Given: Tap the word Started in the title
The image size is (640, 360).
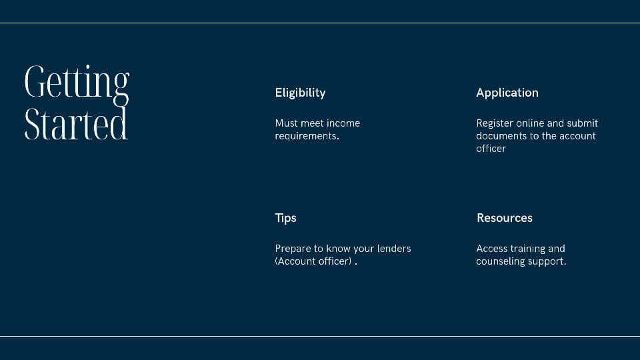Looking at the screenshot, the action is [x=76, y=123].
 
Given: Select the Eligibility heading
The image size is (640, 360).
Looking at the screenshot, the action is [x=301, y=93].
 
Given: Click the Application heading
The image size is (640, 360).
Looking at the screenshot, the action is [x=507, y=93].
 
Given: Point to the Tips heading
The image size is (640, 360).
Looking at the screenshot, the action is [x=286, y=219].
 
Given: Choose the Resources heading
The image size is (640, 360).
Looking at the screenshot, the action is [x=505, y=218].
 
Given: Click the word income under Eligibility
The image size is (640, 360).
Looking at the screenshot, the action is [x=343, y=123].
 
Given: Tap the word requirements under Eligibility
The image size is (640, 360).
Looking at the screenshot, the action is [x=307, y=136].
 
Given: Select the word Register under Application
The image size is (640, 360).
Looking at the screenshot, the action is [x=495, y=124].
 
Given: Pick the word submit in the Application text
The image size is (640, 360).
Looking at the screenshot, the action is [x=583, y=123].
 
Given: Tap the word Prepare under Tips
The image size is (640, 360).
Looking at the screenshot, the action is [x=293, y=249].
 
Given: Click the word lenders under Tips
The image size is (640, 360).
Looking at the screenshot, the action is [x=394, y=249].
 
